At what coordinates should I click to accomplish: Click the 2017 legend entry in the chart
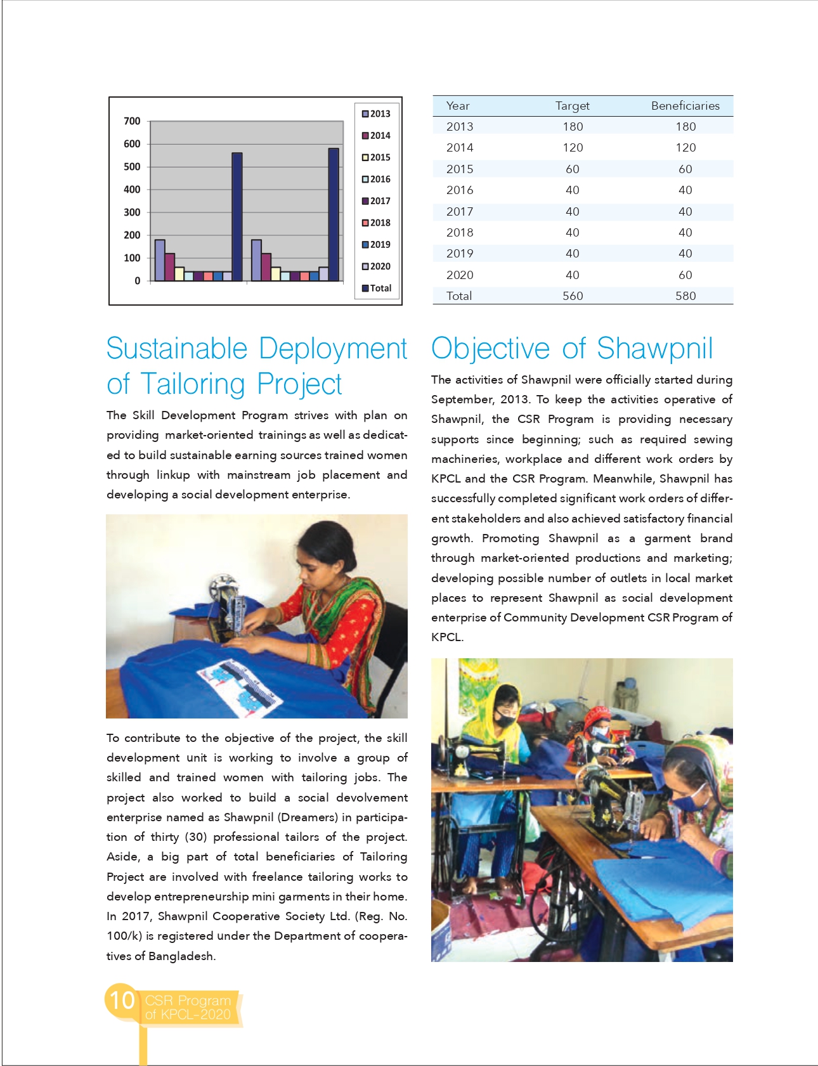point(377,201)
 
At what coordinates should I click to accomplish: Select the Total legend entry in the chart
point(377,288)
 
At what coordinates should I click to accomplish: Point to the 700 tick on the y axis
point(132,121)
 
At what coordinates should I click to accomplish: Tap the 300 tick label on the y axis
point(132,212)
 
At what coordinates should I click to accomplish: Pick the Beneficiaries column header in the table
point(685,106)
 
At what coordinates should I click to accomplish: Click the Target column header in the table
point(572,106)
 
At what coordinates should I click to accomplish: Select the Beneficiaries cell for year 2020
point(685,275)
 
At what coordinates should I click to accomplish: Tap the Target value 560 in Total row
point(572,296)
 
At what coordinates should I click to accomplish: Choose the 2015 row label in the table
point(460,169)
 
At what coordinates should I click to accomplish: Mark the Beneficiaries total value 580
point(685,296)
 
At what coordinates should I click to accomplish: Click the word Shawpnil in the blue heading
point(654,349)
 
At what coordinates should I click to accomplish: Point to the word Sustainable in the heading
point(177,349)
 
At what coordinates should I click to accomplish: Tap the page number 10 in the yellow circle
point(122,1001)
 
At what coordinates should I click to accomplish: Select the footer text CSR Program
point(188,1001)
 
